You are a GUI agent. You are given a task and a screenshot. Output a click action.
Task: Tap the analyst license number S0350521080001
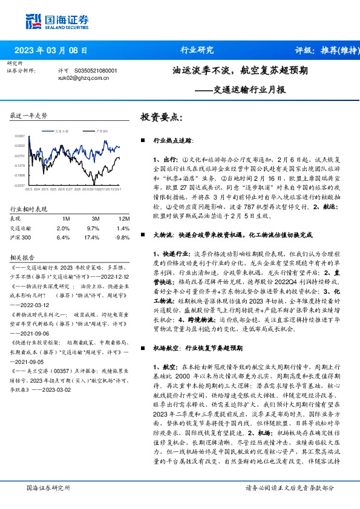(91, 71)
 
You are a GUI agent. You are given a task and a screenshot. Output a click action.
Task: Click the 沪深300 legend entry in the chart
(102, 130)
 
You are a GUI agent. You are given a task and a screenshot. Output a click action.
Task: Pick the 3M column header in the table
(95, 218)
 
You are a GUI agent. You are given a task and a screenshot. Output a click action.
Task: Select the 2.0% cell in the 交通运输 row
(63, 229)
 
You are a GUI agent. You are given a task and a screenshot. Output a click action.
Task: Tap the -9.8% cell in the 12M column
(122, 238)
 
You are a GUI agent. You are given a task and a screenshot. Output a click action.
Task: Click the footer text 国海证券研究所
(48, 487)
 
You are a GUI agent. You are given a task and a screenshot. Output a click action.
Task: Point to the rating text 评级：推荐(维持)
(319, 50)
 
